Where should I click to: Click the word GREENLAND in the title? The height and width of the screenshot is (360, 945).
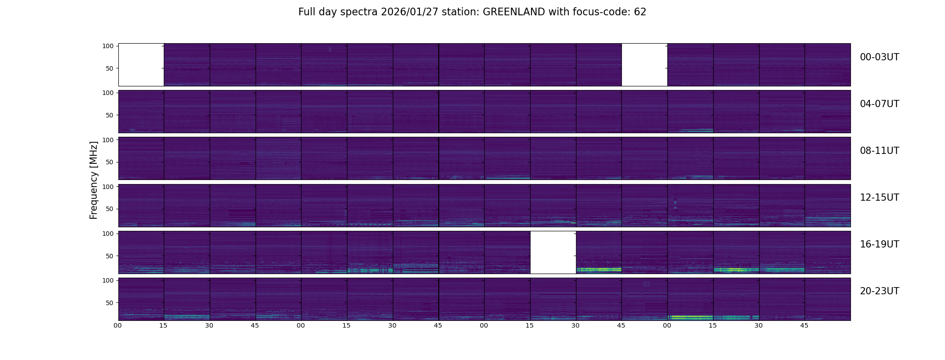(x=514, y=12)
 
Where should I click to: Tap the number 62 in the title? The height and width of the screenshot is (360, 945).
(x=640, y=12)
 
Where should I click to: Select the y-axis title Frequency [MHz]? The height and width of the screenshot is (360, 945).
(x=94, y=180)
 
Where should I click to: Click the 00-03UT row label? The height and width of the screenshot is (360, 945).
(x=879, y=57)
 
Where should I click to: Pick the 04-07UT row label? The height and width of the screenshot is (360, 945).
(x=879, y=104)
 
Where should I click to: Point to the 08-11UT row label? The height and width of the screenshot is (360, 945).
(x=879, y=151)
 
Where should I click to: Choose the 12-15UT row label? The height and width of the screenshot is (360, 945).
(x=879, y=198)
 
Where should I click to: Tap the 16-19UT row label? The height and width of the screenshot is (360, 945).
(x=879, y=244)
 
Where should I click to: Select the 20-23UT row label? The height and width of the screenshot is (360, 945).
(x=879, y=291)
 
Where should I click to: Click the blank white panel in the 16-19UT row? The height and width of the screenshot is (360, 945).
(x=553, y=252)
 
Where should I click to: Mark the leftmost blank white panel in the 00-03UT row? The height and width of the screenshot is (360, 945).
(x=141, y=65)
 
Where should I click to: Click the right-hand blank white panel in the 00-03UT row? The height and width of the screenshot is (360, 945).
(x=644, y=65)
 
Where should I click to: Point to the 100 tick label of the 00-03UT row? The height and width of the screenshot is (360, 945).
(x=108, y=46)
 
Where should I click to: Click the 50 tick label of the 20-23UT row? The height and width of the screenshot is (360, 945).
(x=110, y=303)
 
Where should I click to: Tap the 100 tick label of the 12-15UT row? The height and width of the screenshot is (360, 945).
(x=108, y=186)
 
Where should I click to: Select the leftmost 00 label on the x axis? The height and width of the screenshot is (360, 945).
(x=118, y=325)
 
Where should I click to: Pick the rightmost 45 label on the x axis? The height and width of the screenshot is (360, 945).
(x=804, y=325)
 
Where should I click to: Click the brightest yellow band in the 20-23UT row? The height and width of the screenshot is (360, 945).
(x=690, y=317)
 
